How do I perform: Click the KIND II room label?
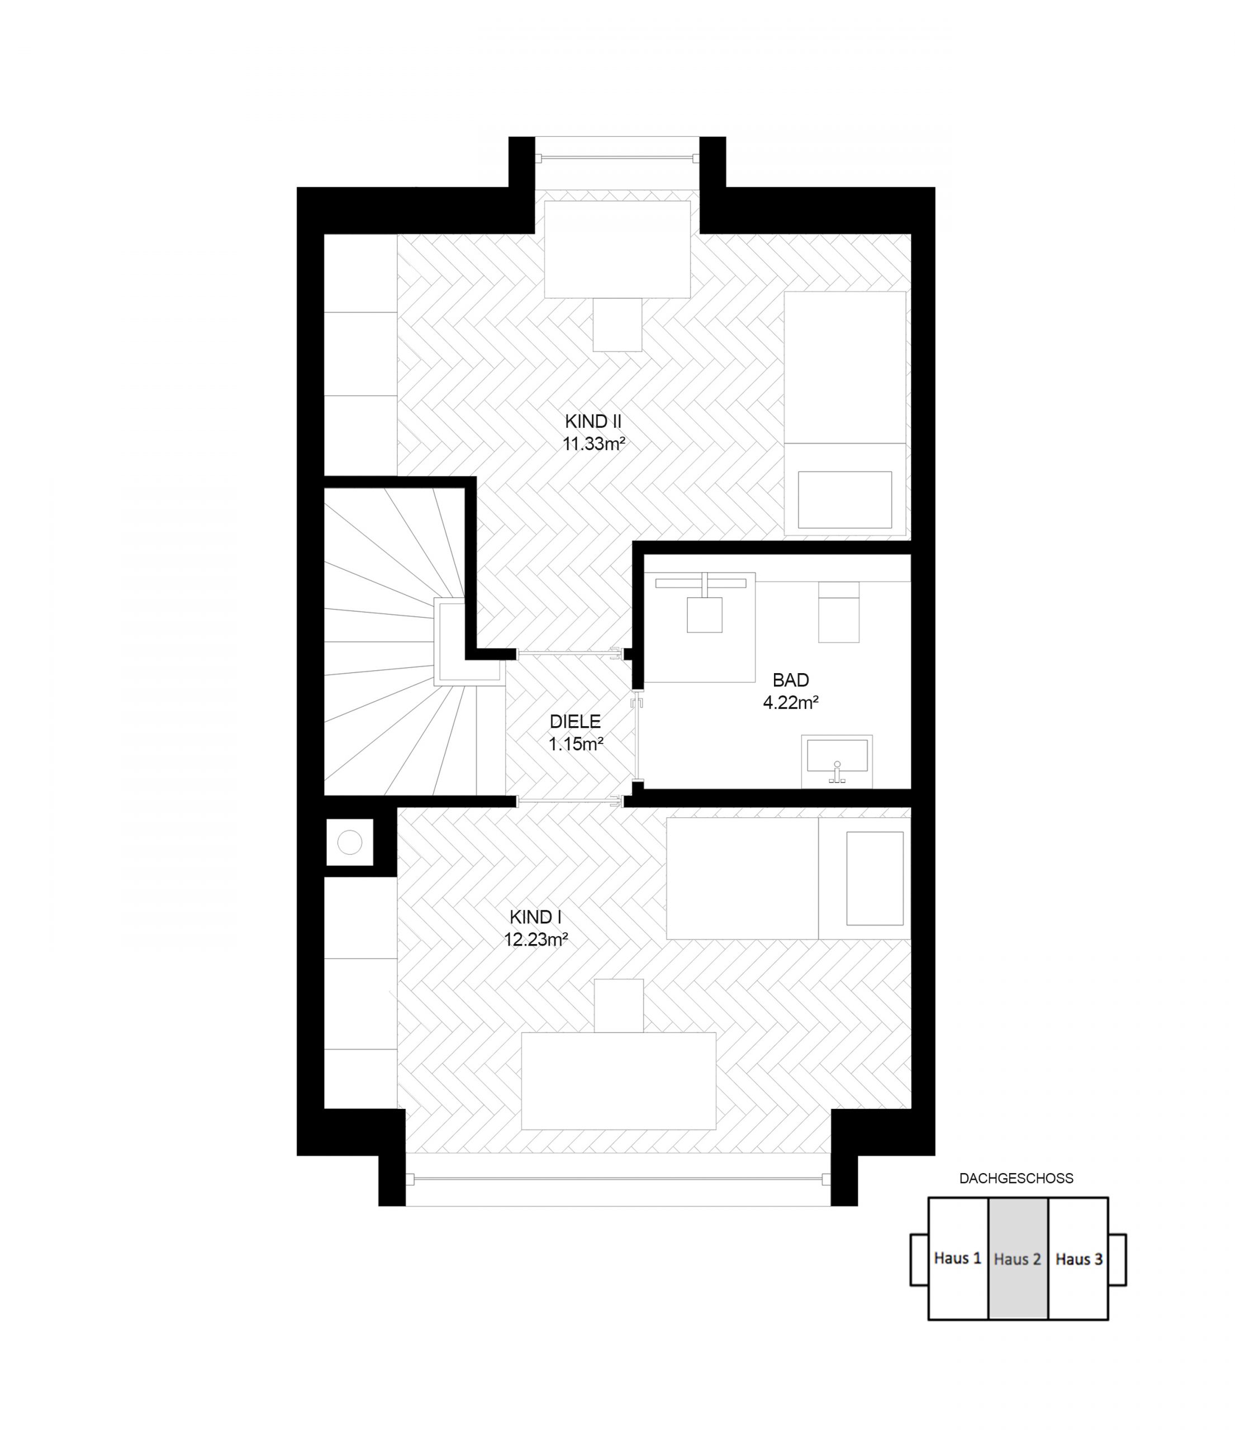[x=593, y=421]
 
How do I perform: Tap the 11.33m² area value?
[x=593, y=444]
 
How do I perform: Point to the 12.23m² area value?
[x=536, y=940]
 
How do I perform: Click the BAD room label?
[x=790, y=680]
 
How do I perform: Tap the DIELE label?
[x=575, y=722]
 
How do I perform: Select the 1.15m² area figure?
[x=576, y=744]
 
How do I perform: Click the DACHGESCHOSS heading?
[x=1016, y=1178]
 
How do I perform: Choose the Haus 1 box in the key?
[x=957, y=1258]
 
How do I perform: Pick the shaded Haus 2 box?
[x=1018, y=1258]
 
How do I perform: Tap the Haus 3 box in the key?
[x=1079, y=1258]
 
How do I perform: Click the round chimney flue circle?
[x=350, y=842]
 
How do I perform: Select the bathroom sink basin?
[x=837, y=756]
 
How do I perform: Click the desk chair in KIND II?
[x=617, y=325]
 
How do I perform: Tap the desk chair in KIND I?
[x=619, y=1005]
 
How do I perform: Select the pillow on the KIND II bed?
[x=845, y=500]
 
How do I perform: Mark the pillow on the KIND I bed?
[x=875, y=878]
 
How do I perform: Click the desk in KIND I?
[x=619, y=1081]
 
